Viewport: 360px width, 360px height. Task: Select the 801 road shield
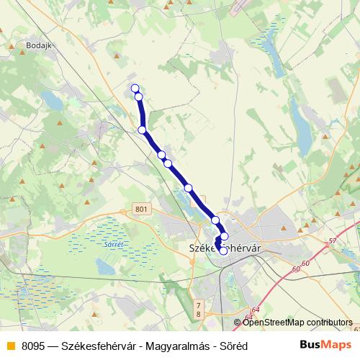[x=141, y=210]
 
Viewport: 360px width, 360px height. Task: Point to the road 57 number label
[x=332, y=240]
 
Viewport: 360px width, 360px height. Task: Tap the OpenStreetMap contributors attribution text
[x=297, y=323]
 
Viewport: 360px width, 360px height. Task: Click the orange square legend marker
[x=10, y=346]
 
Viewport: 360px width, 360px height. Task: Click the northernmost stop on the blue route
[x=135, y=89]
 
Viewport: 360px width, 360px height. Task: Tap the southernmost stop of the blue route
[x=223, y=251]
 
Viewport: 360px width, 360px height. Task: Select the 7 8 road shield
[x=198, y=310]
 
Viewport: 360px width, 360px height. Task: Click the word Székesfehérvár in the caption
[x=102, y=346]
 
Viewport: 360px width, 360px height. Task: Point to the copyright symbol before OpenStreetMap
[x=238, y=323]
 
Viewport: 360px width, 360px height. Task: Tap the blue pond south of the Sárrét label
[x=105, y=268]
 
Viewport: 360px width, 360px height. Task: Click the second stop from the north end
[x=138, y=96]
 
